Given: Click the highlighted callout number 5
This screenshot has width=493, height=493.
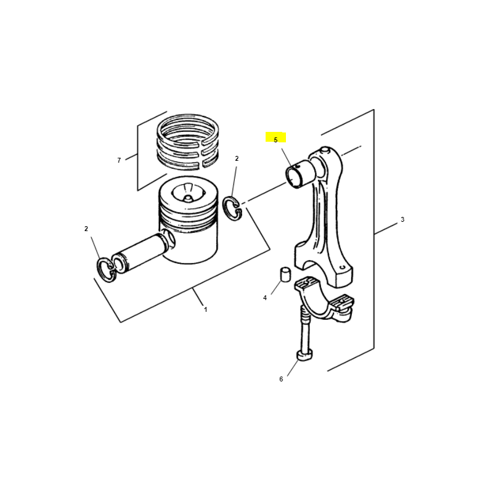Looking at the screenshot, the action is click(275, 140).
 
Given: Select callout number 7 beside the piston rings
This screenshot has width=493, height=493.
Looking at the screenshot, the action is click(119, 160).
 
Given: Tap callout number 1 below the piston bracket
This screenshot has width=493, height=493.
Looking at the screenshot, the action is click(206, 309).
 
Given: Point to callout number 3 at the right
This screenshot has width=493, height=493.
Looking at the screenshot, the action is click(402, 219).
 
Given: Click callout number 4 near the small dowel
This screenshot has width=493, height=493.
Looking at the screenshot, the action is click(265, 298).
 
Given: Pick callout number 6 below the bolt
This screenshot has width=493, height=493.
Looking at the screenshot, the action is click(281, 379).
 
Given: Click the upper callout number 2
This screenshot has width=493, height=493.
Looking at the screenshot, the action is click(237, 158).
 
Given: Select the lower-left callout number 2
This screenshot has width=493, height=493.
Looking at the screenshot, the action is click(86, 229).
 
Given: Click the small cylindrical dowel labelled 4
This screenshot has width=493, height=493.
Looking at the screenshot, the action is click(285, 275).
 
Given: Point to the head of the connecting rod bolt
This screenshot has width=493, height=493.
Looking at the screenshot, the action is click(304, 355).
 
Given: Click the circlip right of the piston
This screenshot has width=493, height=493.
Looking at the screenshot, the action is click(233, 208).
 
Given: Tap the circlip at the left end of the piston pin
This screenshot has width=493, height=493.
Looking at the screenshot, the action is click(106, 270).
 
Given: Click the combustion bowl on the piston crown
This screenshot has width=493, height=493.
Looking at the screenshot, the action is click(188, 194).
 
